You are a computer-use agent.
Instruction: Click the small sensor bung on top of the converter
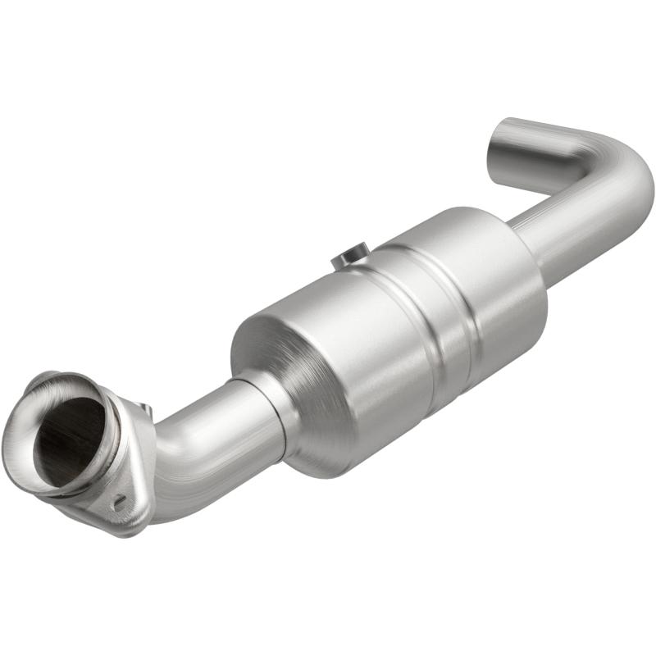(351, 257)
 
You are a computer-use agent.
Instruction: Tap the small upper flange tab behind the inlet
(144, 408)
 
